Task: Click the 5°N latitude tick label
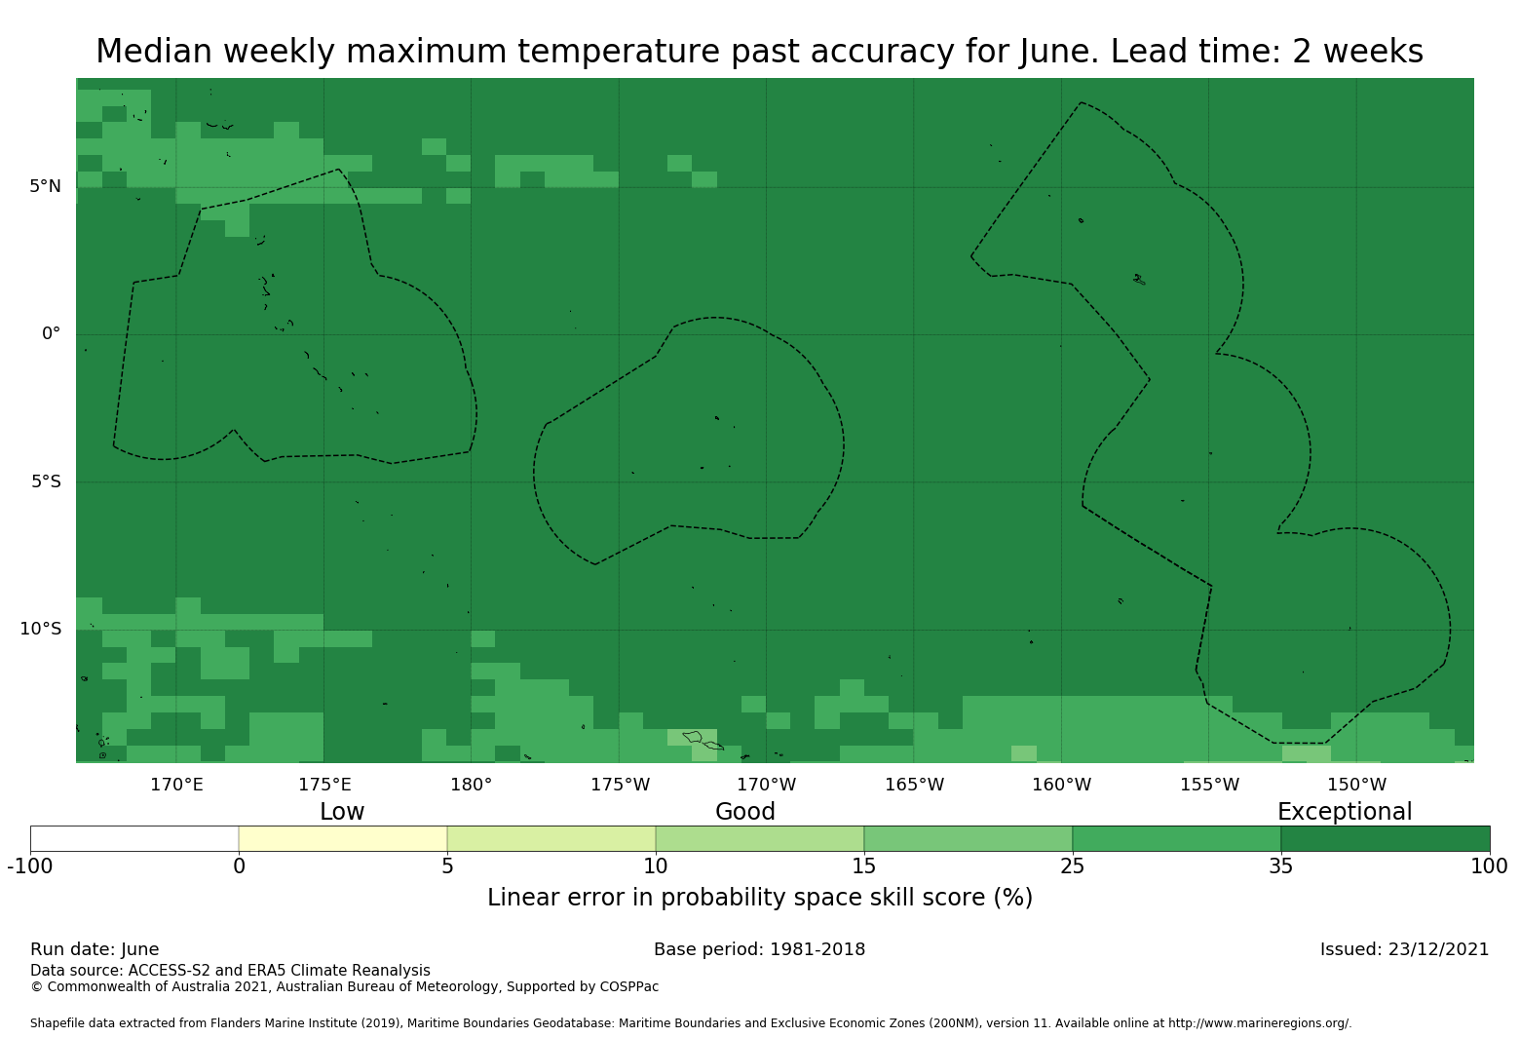[45, 186]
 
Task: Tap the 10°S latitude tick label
[40, 629]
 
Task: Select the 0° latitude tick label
[51, 333]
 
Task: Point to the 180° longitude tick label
[471, 785]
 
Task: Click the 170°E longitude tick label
[176, 785]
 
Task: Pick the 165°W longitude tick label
[914, 785]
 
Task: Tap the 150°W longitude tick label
[1356, 785]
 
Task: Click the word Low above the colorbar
[342, 812]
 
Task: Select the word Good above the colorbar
[745, 812]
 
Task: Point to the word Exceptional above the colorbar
[1345, 812]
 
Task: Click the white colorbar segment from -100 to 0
[134, 838]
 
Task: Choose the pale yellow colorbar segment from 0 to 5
[343, 838]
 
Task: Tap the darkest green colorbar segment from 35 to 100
[1385, 838]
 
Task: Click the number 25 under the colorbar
[1072, 866]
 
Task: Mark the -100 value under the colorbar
[30, 866]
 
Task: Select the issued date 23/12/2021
[1438, 949]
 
